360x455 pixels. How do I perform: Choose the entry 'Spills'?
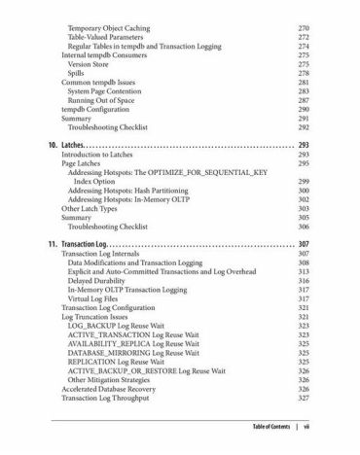pyautogui.click(x=77, y=72)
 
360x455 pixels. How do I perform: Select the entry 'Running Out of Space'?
pyautogui.click(x=107, y=100)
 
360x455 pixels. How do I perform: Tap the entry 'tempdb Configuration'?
pyautogui.click(x=96, y=111)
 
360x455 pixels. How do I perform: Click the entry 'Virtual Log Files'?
pyautogui.click(x=100, y=299)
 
